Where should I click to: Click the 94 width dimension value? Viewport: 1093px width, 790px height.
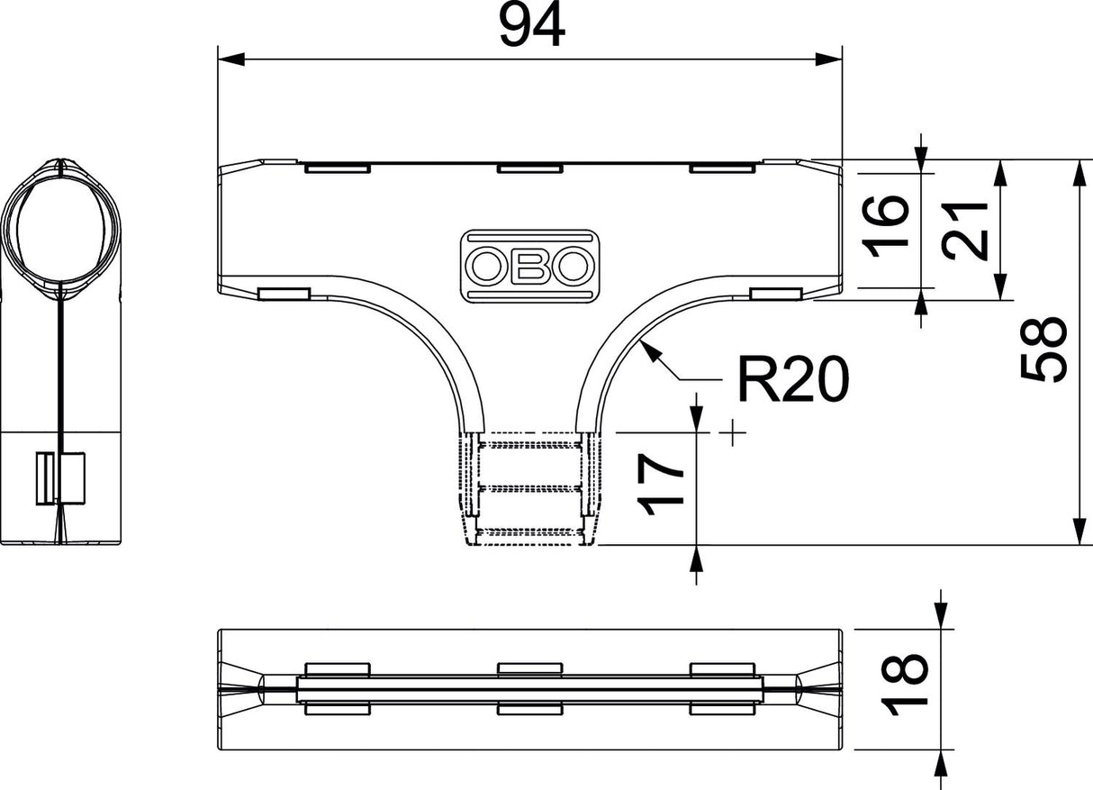tap(532, 25)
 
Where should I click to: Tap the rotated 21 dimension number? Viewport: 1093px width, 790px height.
tap(965, 231)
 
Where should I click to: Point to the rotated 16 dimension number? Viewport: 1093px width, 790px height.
tap(885, 226)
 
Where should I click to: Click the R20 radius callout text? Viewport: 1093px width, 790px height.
tap(793, 379)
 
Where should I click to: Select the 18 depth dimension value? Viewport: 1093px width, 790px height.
tap(904, 685)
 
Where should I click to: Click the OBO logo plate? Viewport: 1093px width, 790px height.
tap(530, 266)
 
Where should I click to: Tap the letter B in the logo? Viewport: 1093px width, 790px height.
tap(530, 266)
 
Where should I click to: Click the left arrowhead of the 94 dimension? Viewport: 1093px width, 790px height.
tap(230, 59)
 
